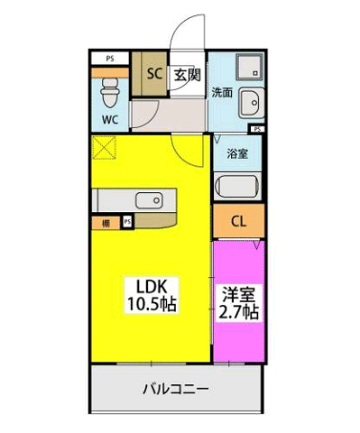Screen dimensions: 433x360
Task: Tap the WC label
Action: pyautogui.click(x=109, y=118)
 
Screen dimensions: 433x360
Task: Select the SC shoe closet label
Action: pyautogui.click(x=153, y=75)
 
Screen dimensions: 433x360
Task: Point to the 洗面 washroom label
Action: pyautogui.click(x=222, y=92)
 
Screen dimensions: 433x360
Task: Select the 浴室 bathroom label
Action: pyautogui.click(x=238, y=153)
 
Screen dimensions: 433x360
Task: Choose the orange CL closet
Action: pyautogui.click(x=238, y=221)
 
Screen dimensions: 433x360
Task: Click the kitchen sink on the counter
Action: pyautogui.click(x=147, y=199)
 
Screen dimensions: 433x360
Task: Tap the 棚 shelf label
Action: pyautogui.click(x=106, y=221)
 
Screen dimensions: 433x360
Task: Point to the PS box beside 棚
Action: pyautogui.click(x=127, y=221)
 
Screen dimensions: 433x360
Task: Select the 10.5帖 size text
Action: pyautogui.click(x=150, y=305)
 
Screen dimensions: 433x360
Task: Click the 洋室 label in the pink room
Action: pyautogui.click(x=238, y=293)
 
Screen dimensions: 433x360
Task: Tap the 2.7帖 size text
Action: pyautogui.click(x=238, y=312)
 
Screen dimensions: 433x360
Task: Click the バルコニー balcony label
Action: pyautogui.click(x=177, y=390)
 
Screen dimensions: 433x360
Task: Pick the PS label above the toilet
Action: pyautogui.click(x=110, y=60)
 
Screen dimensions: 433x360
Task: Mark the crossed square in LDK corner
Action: pyautogui.click(x=105, y=147)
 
